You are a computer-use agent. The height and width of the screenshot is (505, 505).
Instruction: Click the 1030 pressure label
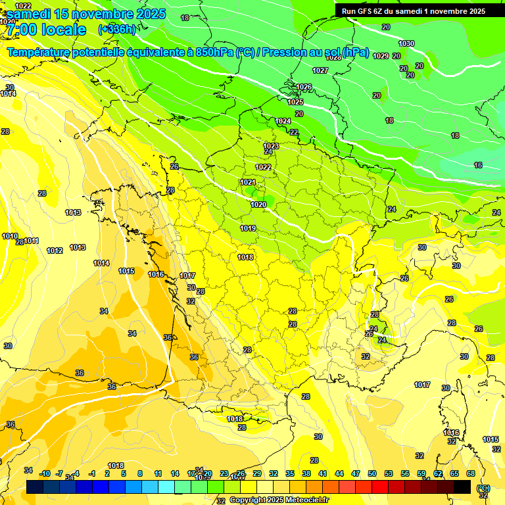click(407, 43)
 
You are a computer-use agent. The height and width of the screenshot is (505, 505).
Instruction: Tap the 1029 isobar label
click(381, 56)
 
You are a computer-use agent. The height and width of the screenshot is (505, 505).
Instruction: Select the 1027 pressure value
click(320, 70)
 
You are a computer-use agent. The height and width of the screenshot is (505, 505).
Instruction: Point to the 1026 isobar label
click(304, 87)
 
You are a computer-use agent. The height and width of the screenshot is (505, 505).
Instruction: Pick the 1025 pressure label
click(295, 102)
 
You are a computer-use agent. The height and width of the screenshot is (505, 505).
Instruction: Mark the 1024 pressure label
click(283, 121)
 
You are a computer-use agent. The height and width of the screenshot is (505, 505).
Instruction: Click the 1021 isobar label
click(248, 182)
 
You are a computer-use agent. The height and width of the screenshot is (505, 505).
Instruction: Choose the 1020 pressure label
click(258, 204)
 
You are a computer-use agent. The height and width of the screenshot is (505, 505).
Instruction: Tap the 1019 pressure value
click(248, 228)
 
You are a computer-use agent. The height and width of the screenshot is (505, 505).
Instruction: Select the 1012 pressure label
click(55, 251)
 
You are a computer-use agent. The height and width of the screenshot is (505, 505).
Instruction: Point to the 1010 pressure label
click(10, 236)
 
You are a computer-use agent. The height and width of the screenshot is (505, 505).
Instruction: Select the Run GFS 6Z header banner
click(414, 11)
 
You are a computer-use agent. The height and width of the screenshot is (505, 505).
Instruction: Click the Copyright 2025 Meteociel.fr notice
click(279, 500)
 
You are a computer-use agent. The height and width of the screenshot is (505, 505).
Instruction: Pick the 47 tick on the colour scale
click(356, 473)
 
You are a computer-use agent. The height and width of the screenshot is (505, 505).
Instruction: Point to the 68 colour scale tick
click(471, 473)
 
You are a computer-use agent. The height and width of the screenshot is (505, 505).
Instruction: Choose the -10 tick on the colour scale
click(45, 473)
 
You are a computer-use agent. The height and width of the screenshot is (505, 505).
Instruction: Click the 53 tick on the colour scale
click(389, 473)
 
